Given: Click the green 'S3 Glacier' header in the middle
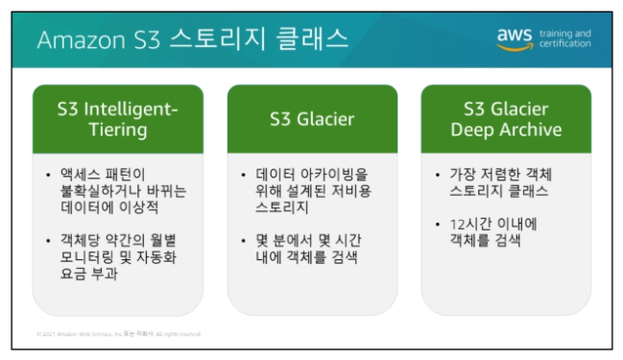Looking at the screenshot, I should tap(311, 119).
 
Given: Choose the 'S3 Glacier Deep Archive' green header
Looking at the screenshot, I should tap(506, 119).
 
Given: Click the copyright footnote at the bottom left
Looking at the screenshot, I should tap(119, 334).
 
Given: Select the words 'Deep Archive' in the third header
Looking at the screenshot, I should tap(506, 130).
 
